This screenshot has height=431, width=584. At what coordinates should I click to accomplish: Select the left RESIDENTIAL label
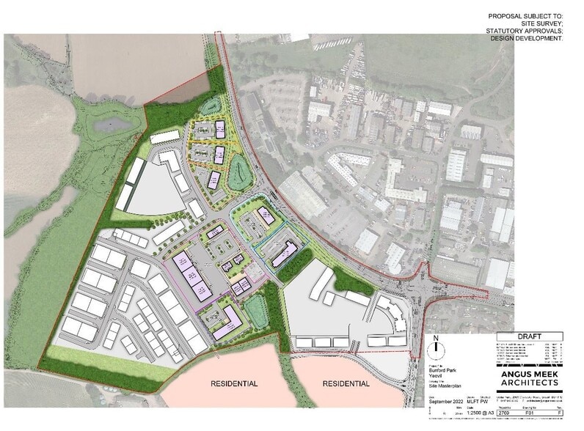click(234, 383)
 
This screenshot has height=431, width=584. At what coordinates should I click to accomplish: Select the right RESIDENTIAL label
click(343, 383)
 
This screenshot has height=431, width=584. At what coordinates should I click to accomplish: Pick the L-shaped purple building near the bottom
click(227, 320)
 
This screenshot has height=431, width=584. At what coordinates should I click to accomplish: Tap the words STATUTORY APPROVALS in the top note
click(522, 30)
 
